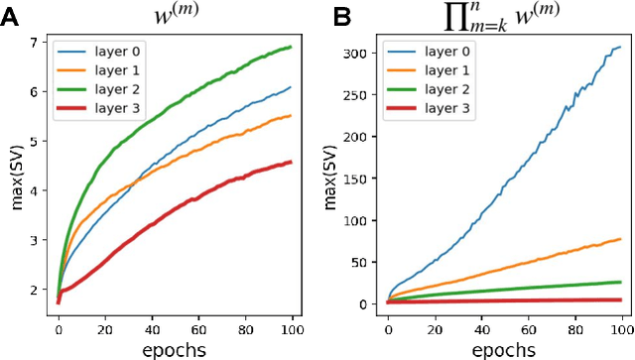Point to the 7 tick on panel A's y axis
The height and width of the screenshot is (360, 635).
(x=35, y=43)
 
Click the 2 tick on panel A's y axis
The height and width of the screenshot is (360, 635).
(x=35, y=290)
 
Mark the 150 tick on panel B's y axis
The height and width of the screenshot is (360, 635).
(x=353, y=177)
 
